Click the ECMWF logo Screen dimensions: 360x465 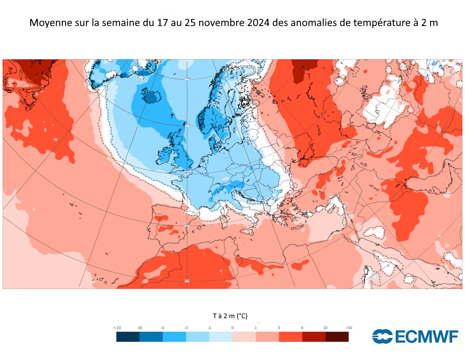(415, 336)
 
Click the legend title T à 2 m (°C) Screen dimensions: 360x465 (230, 316)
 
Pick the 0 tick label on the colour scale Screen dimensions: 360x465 (232, 328)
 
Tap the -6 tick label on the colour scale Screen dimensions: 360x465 (163, 328)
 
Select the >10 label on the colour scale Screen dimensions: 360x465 (349, 328)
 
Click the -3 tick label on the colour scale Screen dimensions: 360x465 (186, 328)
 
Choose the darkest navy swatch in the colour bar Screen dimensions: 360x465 (128, 337)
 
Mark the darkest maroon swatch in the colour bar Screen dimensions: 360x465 (337, 337)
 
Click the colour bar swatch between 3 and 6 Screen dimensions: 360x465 (291, 337)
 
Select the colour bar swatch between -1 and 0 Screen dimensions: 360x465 (221, 337)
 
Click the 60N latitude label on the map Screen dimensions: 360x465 (186, 125)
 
